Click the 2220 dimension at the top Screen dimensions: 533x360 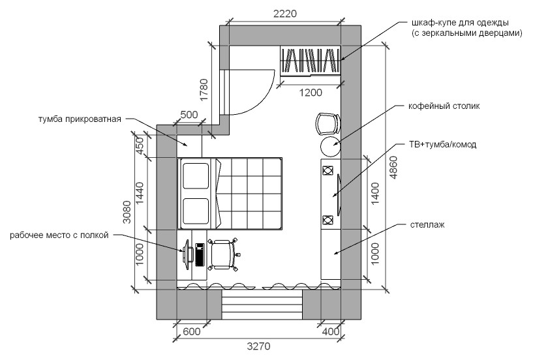pyautogui.click(x=285, y=14)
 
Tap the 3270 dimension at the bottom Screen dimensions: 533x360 pyautogui.click(x=258, y=346)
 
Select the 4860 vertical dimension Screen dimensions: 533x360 pyautogui.click(x=393, y=167)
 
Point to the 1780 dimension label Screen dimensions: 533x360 pyautogui.click(x=204, y=90)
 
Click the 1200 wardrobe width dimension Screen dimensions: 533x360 pyautogui.click(x=311, y=93)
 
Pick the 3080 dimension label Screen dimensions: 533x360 pyautogui.click(x=127, y=212)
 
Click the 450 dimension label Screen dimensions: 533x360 pyautogui.click(x=140, y=145)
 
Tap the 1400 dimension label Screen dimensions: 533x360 pyautogui.click(x=375, y=194)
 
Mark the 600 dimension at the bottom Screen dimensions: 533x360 pyautogui.click(x=191, y=331)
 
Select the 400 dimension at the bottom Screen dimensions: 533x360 pyautogui.click(x=330, y=331)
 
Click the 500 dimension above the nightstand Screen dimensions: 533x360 pyautogui.click(x=189, y=115)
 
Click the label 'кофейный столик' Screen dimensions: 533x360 pyautogui.click(x=444, y=106)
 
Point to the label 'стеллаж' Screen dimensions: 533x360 pyautogui.click(x=427, y=225)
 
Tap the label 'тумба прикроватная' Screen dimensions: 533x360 pyautogui.click(x=80, y=119)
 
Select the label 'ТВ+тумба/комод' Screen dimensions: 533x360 pyautogui.click(x=442, y=145)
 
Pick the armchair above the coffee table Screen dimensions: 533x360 pyautogui.click(x=327, y=124)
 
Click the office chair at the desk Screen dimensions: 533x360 pyautogui.click(x=223, y=254)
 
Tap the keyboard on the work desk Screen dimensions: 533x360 pyautogui.click(x=199, y=254)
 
